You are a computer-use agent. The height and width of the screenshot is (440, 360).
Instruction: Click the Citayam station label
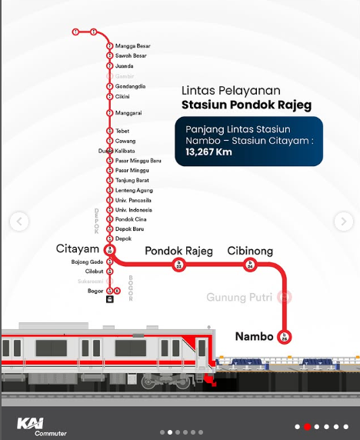(x=78, y=249)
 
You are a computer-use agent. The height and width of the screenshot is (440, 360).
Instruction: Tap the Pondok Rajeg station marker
(x=180, y=265)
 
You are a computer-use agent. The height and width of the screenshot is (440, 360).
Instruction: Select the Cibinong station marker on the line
(x=249, y=265)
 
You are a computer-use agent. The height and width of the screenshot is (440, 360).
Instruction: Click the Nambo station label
(x=253, y=335)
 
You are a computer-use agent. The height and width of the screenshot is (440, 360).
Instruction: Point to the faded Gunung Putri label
(x=239, y=297)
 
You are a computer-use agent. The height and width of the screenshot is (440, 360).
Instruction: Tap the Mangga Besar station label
(x=132, y=46)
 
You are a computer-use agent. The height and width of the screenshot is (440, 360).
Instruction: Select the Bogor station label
(x=95, y=291)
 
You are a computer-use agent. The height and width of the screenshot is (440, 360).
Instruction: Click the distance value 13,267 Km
(x=208, y=152)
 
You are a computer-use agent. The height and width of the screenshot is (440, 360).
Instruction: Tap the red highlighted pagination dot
(x=307, y=425)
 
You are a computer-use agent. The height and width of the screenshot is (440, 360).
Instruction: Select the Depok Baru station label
(x=129, y=229)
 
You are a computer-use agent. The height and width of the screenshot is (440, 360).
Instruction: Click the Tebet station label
(x=122, y=132)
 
